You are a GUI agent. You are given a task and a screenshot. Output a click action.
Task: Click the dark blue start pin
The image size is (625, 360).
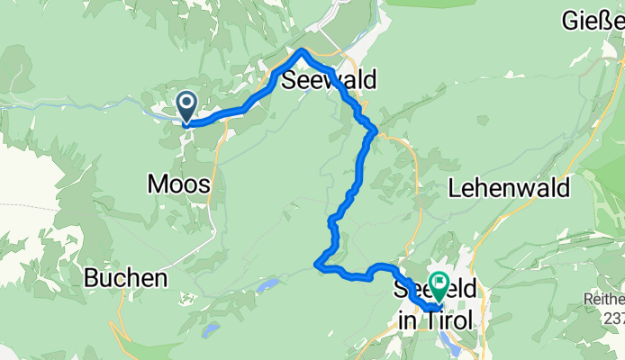pyautogui.click(x=186, y=106)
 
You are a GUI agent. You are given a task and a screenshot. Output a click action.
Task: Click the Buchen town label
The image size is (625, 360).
pyautogui.click(x=126, y=278)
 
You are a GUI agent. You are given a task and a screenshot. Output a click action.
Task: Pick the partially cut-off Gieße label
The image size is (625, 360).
pyautogui.click(x=593, y=18)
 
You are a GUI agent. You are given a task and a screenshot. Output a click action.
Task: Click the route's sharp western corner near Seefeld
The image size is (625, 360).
pyautogui.click(x=317, y=264)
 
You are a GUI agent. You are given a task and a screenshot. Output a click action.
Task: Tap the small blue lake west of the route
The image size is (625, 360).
pyautogui.click(x=267, y=285)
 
